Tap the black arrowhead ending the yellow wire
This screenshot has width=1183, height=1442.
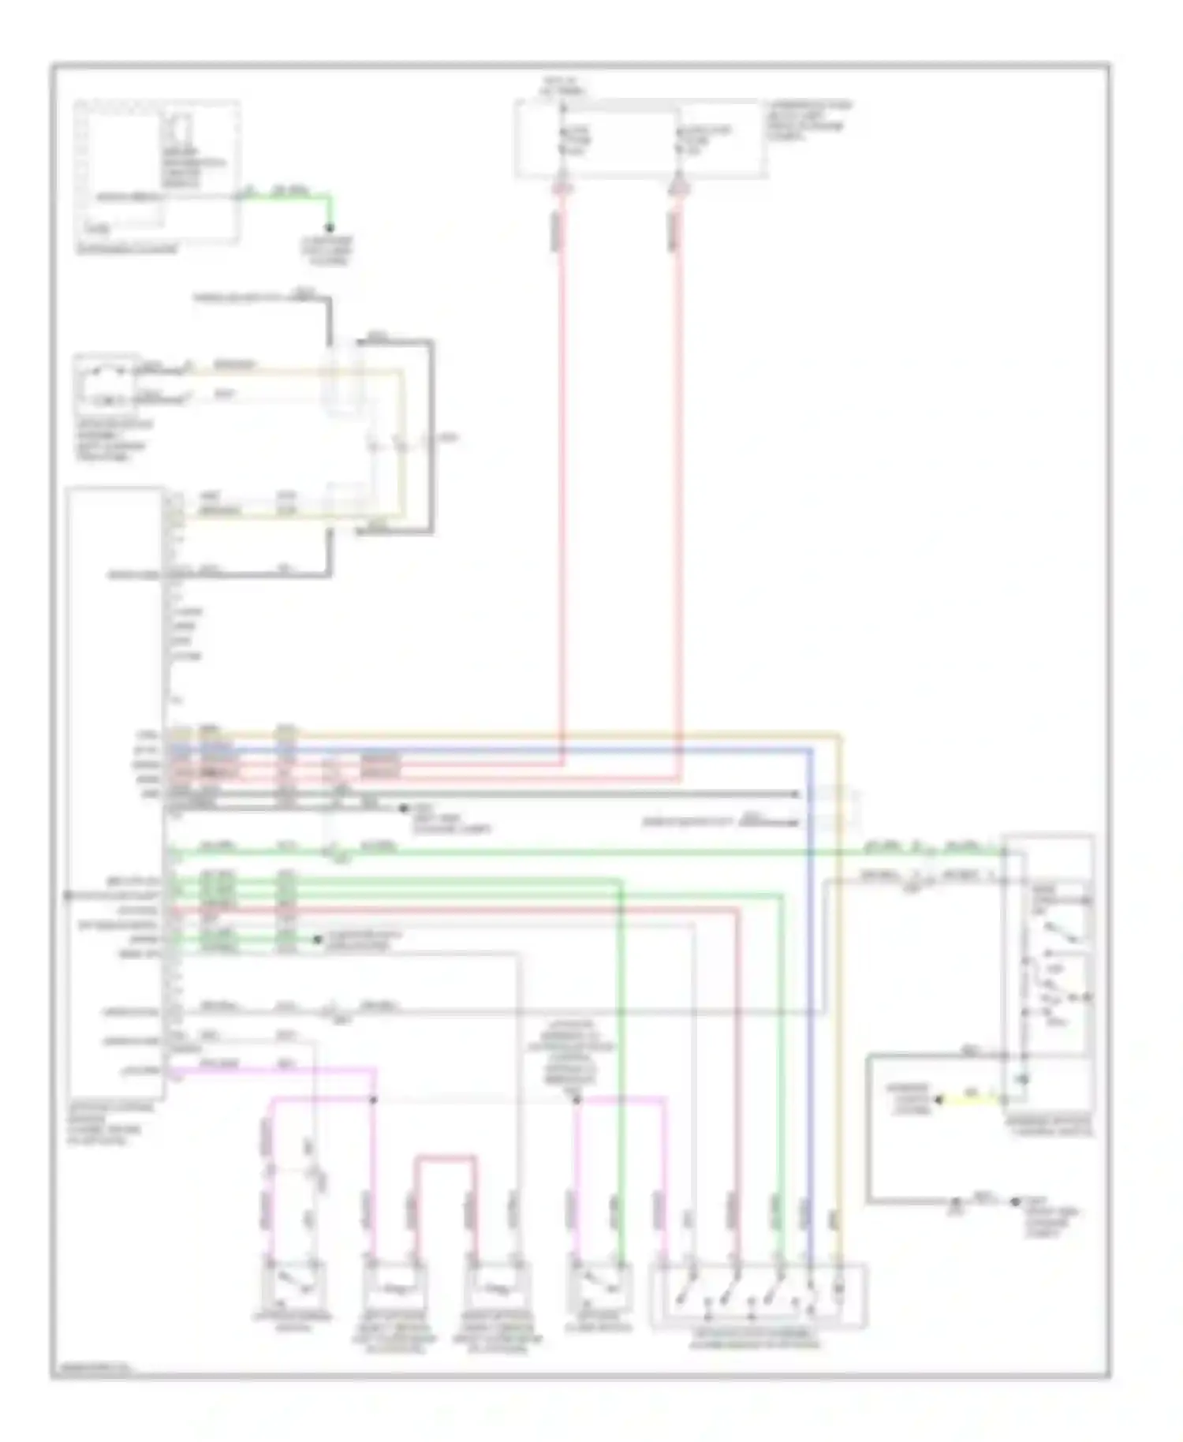click(939, 1099)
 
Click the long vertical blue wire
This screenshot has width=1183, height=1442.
click(810, 986)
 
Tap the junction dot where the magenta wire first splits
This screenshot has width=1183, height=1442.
click(374, 1099)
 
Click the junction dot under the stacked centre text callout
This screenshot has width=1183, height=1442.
click(577, 1099)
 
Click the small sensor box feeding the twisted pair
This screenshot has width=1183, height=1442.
click(105, 384)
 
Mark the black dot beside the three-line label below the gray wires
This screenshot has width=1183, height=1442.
click(404, 809)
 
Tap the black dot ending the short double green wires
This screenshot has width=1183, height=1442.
click(317, 940)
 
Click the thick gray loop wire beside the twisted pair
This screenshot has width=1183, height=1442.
click(431, 434)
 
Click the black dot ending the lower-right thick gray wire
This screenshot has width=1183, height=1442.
click(1015, 1201)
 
